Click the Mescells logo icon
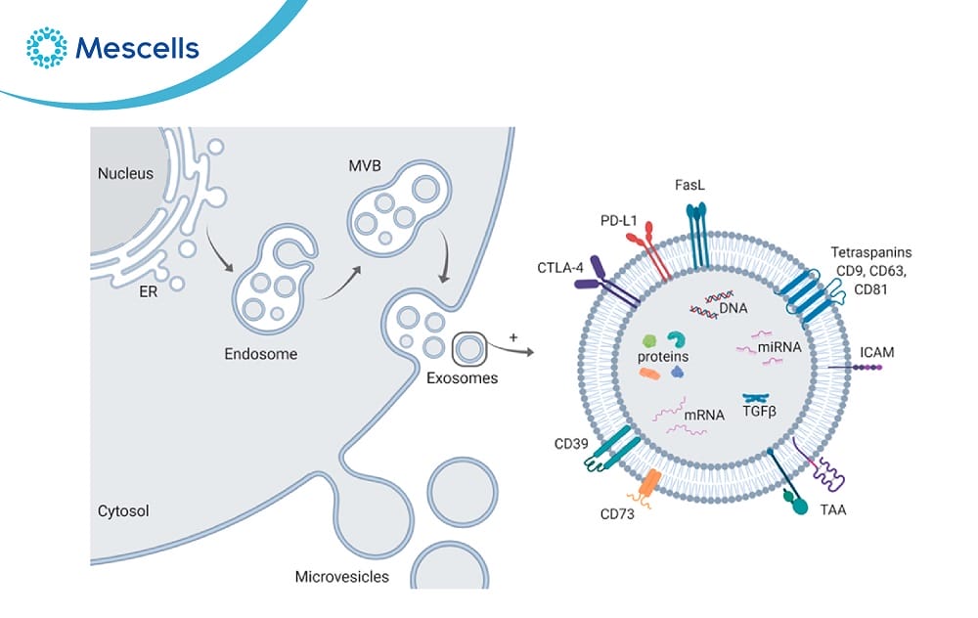pyautogui.click(x=46, y=48)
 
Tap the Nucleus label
pyautogui.click(x=125, y=174)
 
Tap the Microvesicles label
pyautogui.click(x=341, y=576)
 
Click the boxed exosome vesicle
pyautogui.click(x=469, y=346)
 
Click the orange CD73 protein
pyautogui.click(x=649, y=483)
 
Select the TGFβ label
pyautogui.click(x=759, y=413)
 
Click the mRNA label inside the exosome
pyautogui.click(x=704, y=415)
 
